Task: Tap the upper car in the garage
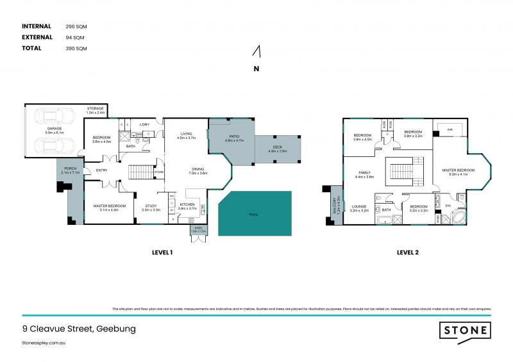coord(50,117)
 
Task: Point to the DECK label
coord(277,147)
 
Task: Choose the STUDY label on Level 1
coord(151,206)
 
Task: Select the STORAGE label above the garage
coord(96,109)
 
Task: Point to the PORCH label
coord(69,170)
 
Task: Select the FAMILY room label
coord(364,173)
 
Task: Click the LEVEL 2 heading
coord(407,252)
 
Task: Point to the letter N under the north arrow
coord(256,69)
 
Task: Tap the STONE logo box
coord(465,331)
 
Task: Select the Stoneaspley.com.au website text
coord(45,343)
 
